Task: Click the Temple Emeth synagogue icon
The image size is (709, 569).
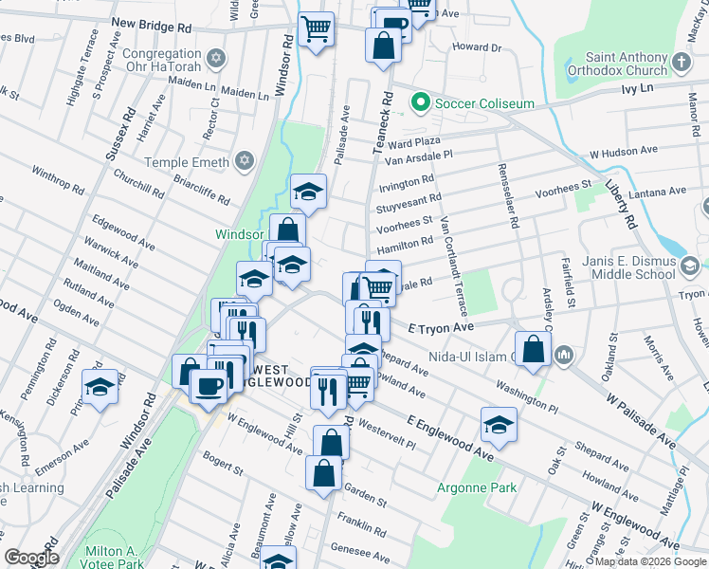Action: tap(245, 162)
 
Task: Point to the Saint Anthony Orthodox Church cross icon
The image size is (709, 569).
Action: tap(682, 64)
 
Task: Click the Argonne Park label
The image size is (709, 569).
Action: tap(477, 488)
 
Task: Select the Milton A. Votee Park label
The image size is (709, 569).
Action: tap(111, 558)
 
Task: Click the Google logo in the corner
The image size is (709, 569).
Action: tap(31, 558)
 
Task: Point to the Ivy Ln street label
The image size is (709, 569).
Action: tap(637, 87)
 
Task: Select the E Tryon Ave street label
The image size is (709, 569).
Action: tap(440, 326)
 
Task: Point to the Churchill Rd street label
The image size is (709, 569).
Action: tap(138, 184)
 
